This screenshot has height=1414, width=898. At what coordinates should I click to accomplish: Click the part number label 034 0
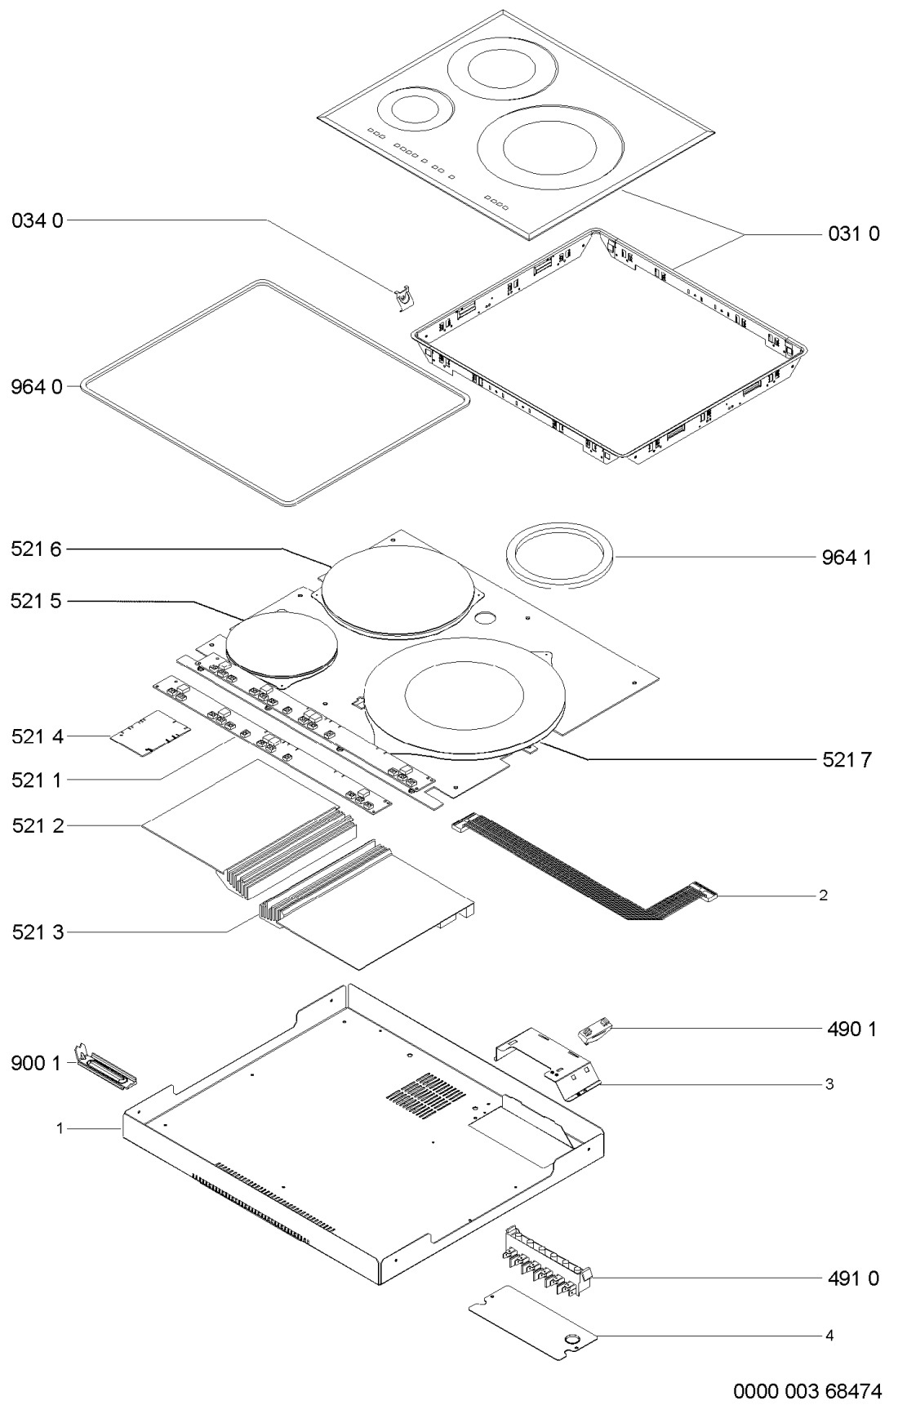37,220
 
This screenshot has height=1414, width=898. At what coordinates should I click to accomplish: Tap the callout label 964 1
847,558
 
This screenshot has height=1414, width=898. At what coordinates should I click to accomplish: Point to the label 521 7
847,760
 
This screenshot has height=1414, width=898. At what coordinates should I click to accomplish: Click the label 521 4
37,737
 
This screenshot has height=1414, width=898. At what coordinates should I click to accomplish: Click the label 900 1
36,1064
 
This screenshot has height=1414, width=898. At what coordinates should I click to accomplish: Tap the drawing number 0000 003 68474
807,1390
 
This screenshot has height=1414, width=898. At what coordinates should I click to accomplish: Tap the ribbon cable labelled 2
585,867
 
